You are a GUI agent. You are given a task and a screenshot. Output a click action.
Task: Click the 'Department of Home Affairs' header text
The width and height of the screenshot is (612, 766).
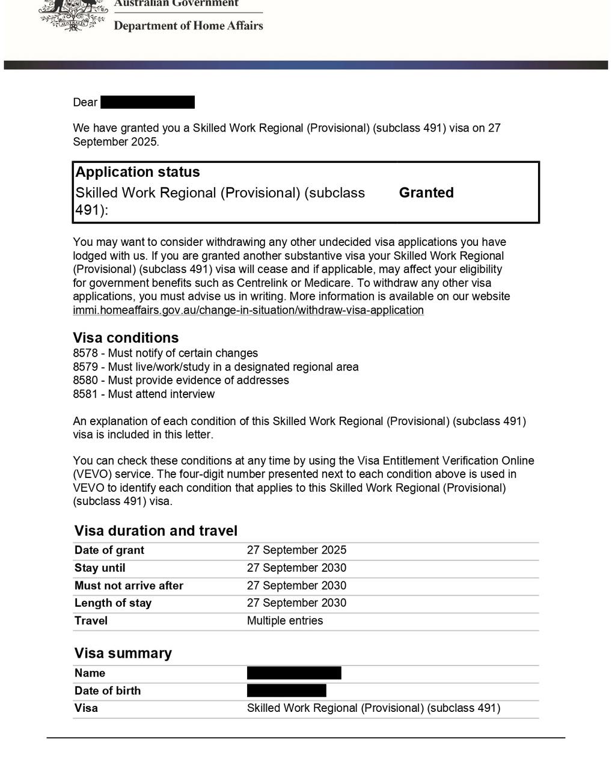tap(188, 26)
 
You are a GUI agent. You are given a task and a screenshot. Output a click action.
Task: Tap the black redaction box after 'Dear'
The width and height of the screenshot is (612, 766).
tap(147, 102)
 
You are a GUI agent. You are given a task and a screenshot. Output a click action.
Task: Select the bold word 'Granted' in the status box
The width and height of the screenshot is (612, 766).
tap(426, 193)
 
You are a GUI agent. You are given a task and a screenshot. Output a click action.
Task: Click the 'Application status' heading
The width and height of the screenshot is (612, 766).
tap(138, 173)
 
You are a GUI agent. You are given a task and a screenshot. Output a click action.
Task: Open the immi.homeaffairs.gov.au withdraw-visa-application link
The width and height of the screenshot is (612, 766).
tap(248, 310)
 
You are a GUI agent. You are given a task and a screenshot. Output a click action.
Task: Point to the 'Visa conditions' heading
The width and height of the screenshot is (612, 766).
tap(126, 338)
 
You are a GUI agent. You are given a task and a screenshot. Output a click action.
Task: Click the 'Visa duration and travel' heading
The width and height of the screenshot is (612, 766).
tap(156, 531)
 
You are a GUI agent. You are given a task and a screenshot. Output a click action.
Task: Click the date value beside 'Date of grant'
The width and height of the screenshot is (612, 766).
tap(296, 550)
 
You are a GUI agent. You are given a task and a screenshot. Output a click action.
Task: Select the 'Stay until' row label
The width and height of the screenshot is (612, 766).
tap(100, 568)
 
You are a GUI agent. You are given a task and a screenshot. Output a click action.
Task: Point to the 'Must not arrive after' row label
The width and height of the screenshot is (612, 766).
tap(129, 586)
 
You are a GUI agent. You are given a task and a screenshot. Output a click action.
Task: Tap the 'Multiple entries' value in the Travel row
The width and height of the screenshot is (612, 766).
tap(284, 620)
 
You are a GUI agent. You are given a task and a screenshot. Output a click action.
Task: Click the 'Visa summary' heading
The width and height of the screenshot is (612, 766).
tap(123, 653)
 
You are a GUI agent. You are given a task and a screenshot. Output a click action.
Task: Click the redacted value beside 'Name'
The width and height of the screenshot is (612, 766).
tap(294, 673)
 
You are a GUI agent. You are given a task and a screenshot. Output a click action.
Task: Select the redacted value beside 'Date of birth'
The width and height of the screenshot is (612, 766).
tap(286, 690)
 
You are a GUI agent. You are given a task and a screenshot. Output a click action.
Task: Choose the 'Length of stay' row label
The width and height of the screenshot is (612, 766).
tap(113, 603)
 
